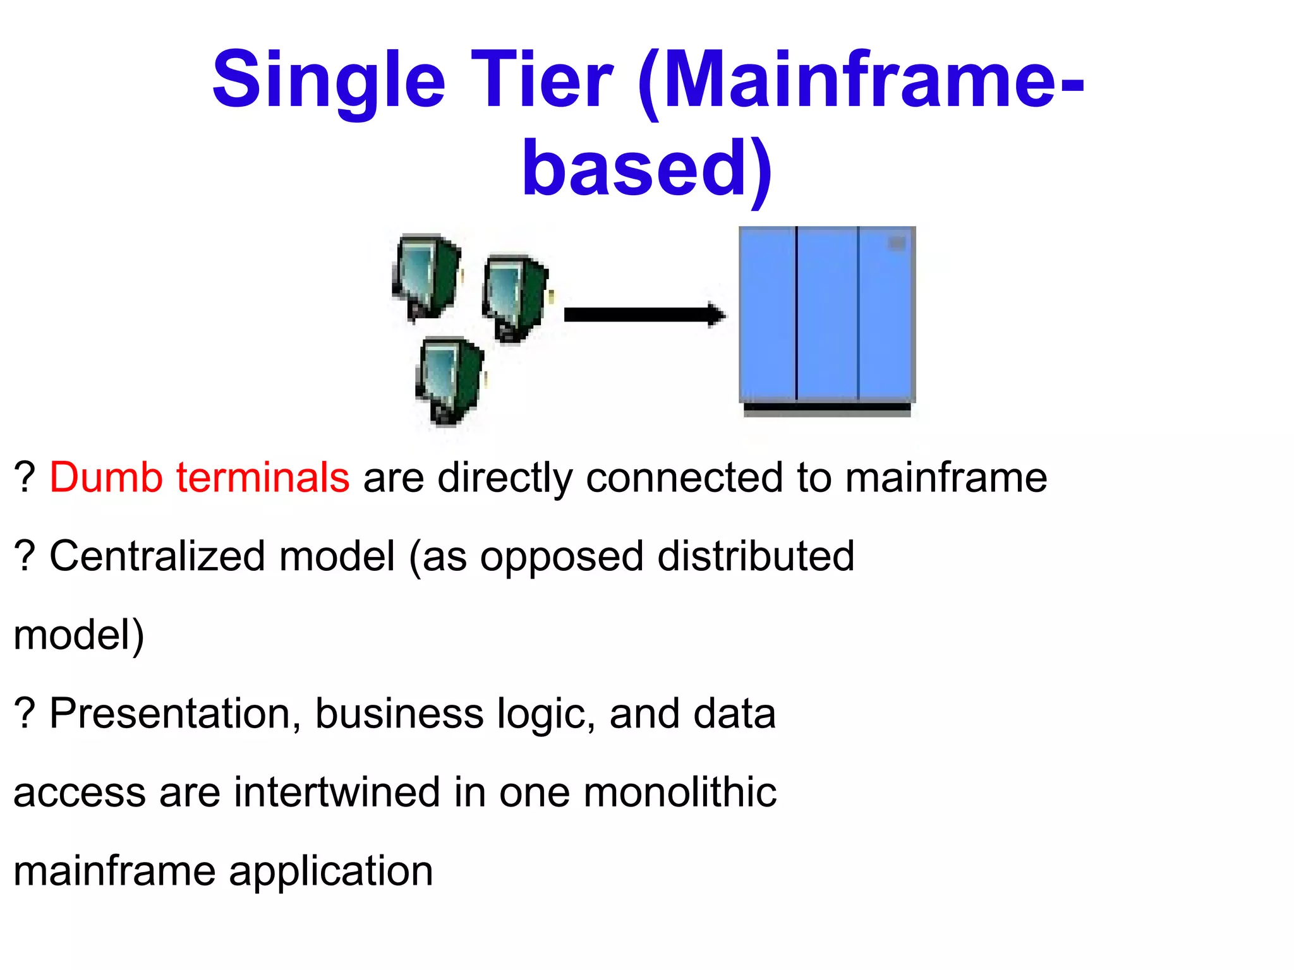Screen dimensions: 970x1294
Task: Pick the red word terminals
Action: pos(262,477)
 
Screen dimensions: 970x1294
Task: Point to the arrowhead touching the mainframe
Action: pos(717,314)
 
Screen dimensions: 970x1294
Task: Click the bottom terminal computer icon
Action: pos(450,381)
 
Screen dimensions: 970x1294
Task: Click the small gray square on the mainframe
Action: pos(897,243)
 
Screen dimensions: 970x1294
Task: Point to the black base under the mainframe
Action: pos(827,410)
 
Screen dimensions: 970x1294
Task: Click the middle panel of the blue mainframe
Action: pos(827,313)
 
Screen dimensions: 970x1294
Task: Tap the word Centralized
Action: pos(157,556)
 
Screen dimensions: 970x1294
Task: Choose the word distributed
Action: pos(756,556)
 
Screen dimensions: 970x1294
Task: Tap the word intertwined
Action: pos(337,793)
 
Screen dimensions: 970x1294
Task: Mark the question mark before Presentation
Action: pos(24,714)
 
